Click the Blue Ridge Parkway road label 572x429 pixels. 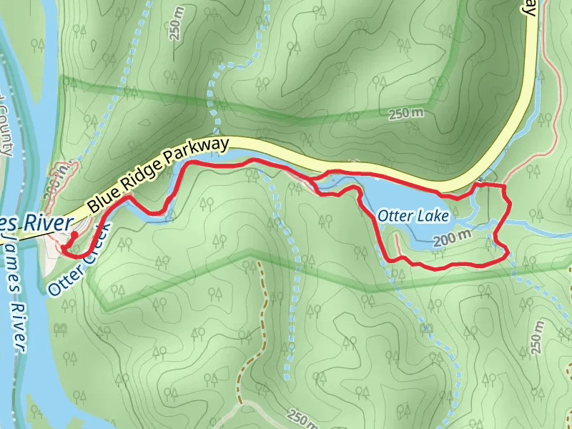pyautogui.click(x=158, y=175)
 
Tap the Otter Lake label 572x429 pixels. pyautogui.click(x=413, y=215)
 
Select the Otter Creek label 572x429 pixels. pyautogui.click(x=79, y=259)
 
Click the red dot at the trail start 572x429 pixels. pyautogui.click(x=74, y=234)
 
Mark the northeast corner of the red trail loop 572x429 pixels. pyautogui.click(x=505, y=187)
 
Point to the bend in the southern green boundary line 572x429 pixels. pyautogui.click(x=250, y=252)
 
